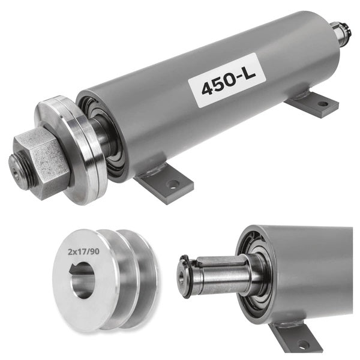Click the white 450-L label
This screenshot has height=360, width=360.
tap(227, 80)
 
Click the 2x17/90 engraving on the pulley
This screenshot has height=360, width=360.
tap(83, 252)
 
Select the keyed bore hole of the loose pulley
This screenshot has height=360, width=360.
tap(82, 280)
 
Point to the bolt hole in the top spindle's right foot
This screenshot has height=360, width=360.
tap(323, 104)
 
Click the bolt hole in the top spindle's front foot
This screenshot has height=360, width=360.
tap(173, 184)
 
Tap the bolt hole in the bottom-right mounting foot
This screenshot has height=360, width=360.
tap(303, 344)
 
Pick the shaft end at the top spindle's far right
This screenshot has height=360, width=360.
tap(341, 32)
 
